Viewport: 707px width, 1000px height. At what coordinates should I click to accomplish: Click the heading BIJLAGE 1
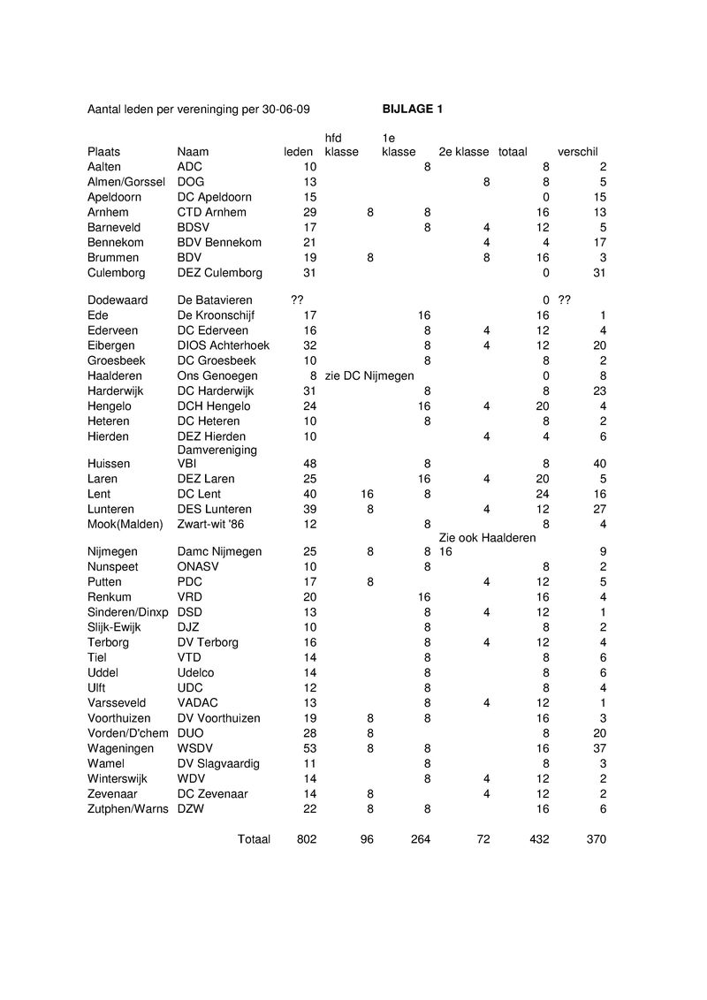tap(413, 110)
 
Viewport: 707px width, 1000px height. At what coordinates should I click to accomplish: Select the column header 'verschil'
tap(577, 152)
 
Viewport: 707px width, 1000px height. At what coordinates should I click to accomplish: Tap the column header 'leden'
tap(298, 152)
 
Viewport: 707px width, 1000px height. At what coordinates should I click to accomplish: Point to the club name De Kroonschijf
tap(215, 315)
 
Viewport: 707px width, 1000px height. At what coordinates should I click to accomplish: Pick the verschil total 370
tap(596, 839)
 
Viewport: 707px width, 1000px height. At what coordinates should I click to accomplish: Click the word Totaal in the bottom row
tap(254, 839)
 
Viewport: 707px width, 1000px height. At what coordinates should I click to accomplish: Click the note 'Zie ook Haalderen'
tap(487, 538)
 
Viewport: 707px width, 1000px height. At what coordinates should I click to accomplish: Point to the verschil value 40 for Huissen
tap(599, 463)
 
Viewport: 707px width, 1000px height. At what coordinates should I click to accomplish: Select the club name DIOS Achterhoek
tap(224, 345)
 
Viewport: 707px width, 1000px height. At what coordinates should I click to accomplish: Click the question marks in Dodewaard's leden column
tap(297, 300)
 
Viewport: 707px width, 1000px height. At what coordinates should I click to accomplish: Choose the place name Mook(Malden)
tap(125, 524)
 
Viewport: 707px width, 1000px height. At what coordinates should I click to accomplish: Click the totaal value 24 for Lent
tap(542, 494)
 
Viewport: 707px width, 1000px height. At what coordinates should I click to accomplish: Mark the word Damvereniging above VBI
tap(217, 450)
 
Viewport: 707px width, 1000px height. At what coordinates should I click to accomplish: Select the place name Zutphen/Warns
tap(127, 809)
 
